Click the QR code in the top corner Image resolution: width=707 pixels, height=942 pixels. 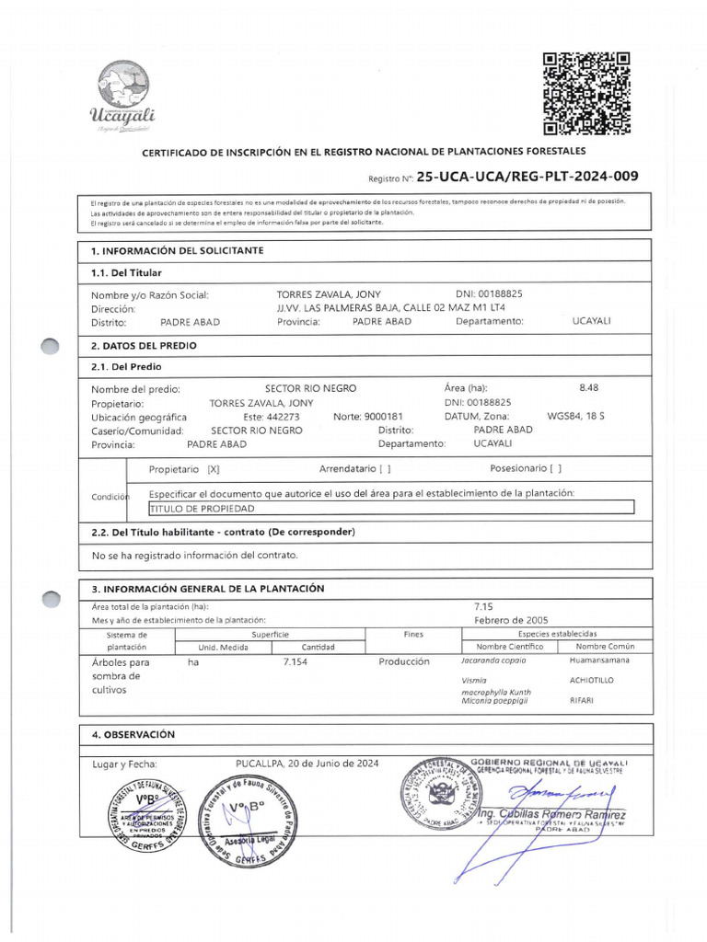coord(585,94)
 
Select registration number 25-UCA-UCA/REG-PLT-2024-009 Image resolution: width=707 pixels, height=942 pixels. coord(527,177)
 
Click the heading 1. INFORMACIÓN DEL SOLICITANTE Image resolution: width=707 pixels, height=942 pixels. coord(177,250)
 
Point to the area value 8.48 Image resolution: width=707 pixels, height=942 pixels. coord(588,387)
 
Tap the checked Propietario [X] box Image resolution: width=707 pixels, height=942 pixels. coord(214,469)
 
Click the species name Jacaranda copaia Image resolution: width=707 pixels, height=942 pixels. coord(493,661)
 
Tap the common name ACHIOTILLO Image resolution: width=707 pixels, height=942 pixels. coord(592,680)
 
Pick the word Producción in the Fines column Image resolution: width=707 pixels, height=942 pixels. coord(403,661)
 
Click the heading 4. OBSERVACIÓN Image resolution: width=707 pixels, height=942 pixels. coord(133,734)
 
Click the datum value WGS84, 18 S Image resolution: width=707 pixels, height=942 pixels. coord(576,417)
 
